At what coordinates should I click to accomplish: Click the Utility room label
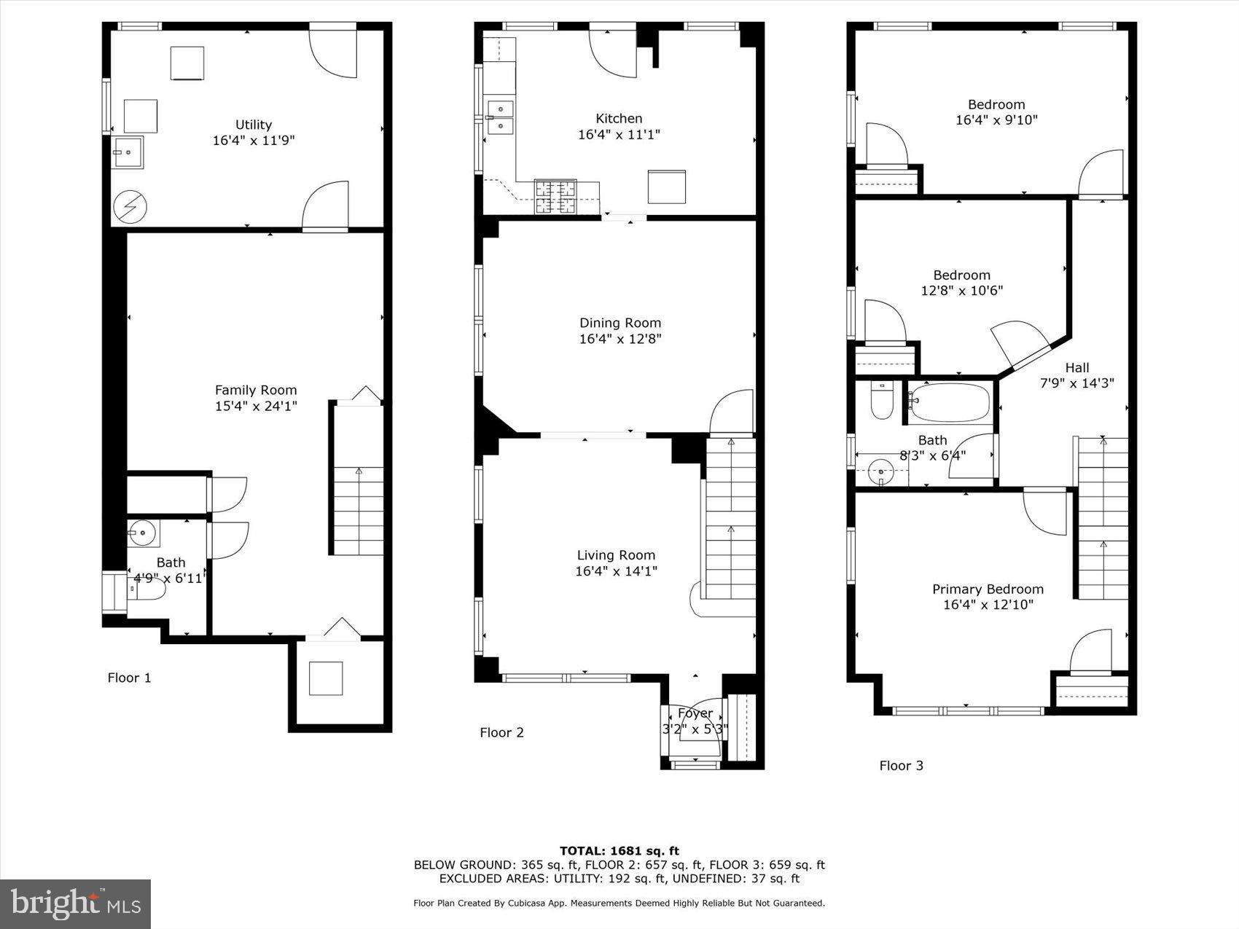(x=253, y=125)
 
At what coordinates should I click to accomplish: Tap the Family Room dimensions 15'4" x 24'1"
(x=256, y=406)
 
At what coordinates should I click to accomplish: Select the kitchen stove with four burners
(x=555, y=196)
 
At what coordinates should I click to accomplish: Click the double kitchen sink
(x=500, y=117)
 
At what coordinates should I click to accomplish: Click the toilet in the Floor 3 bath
(x=881, y=401)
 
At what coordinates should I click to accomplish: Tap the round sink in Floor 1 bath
(x=143, y=533)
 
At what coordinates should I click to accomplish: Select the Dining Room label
(x=619, y=323)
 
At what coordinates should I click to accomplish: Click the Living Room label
(x=616, y=555)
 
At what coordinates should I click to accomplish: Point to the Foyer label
(x=695, y=713)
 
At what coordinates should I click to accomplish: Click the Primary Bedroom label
(x=988, y=589)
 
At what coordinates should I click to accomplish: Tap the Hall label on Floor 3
(x=1076, y=367)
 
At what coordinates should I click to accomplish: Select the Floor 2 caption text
(x=501, y=732)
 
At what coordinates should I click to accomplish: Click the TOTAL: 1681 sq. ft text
(x=619, y=850)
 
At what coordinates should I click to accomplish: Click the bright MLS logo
(x=76, y=903)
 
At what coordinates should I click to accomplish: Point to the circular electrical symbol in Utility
(x=129, y=208)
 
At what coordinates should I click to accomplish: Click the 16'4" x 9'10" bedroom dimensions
(x=996, y=120)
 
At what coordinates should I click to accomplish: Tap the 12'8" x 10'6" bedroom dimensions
(x=961, y=290)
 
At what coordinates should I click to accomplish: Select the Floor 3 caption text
(x=901, y=765)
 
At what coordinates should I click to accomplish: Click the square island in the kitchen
(x=666, y=187)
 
